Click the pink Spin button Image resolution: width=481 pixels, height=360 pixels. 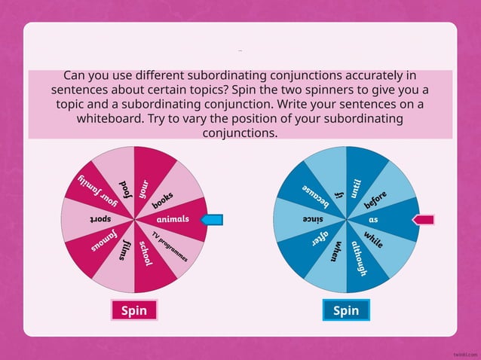[x=133, y=310]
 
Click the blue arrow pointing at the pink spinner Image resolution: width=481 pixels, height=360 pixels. [x=212, y=220]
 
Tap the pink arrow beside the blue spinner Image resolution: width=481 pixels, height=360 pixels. [x=423, y=219]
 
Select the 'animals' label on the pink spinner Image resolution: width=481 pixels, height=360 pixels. [x=173, y=220]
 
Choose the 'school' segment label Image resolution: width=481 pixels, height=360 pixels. [x=146, y=254]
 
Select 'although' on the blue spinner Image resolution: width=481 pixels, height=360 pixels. [x=358, y=258]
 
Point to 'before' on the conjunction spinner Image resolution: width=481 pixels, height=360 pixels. [x=375, y=200]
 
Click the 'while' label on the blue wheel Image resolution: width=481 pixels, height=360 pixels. [x=373, y=239]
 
